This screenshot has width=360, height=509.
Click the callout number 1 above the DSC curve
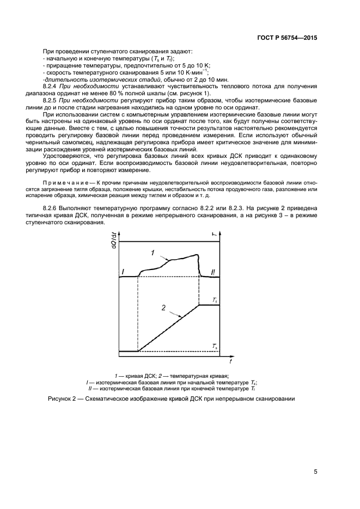(154, 253)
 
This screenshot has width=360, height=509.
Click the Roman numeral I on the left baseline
(123, 271)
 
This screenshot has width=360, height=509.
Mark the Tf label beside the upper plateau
(215, 299)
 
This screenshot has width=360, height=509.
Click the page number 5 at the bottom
(315, 471)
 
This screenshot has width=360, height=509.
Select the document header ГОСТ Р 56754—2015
(288, 38)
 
